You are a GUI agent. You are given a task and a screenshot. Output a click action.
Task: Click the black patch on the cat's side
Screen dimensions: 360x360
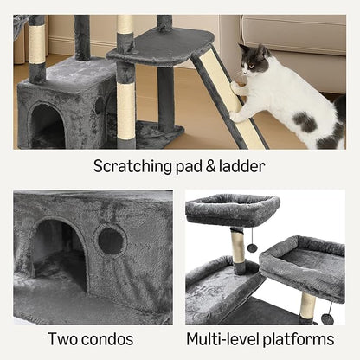click(305, 120)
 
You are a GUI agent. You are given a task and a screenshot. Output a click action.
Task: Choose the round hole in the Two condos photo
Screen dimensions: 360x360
click(111, 240)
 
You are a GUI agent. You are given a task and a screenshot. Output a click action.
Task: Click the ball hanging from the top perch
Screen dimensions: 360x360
click(252, 247)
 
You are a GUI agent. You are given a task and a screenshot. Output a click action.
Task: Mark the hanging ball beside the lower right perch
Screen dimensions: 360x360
click(327, 318)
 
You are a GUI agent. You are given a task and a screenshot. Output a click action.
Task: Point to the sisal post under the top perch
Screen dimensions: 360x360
click(238, 250)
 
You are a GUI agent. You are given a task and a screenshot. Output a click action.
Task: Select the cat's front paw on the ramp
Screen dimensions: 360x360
click(236, 89)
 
